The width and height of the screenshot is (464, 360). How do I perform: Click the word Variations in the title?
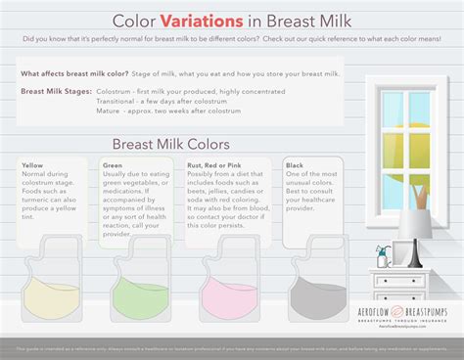pos(204,19)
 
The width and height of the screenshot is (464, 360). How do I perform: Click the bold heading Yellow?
pos(32,165)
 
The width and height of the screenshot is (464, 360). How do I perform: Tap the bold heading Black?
pos(295,165)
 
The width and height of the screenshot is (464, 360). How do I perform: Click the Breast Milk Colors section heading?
pos(172,143)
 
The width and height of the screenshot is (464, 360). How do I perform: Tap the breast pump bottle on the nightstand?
pos(383,257)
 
